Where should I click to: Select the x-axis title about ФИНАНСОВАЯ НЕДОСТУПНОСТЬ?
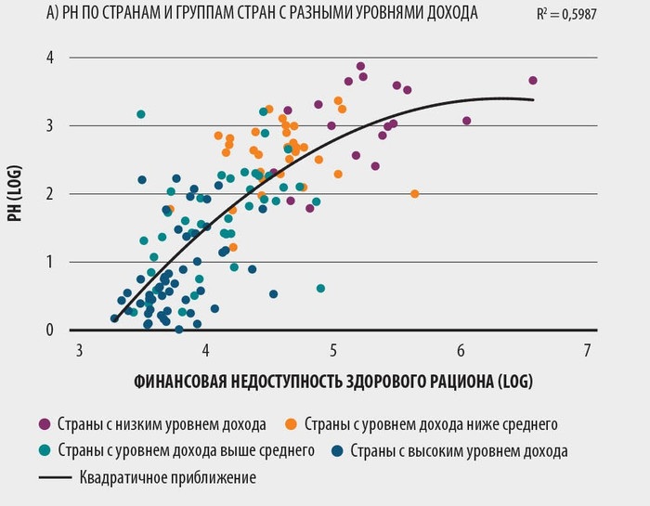334,381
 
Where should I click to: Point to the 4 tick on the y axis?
51,58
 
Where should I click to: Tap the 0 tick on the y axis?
51,331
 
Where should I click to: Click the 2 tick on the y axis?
51,194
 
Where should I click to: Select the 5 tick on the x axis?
333,350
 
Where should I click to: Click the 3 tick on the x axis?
80,350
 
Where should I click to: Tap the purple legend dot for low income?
44,424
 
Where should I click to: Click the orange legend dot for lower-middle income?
292,424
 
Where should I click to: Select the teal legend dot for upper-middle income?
44,451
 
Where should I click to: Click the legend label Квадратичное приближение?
167,478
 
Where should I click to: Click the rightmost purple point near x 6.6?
533,81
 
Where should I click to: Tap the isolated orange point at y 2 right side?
415,194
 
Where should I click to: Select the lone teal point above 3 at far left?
141,114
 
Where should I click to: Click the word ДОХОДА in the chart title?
448,15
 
